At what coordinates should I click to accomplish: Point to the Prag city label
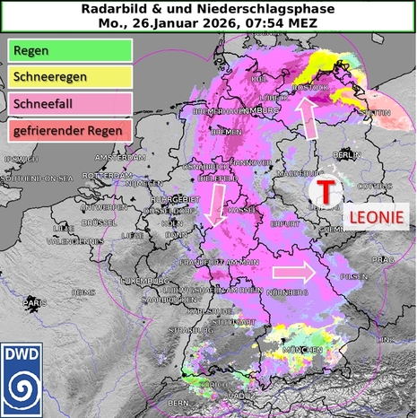click(384, 259)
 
